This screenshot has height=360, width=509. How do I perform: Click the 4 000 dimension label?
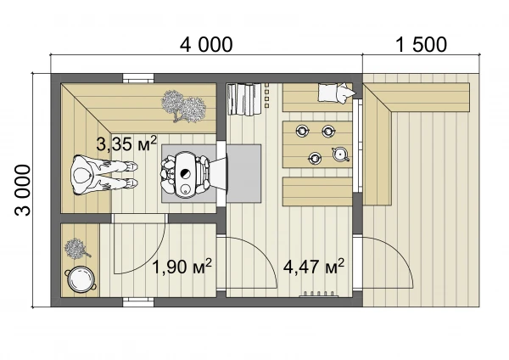point(206,45)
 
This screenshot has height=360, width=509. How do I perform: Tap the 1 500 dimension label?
point(422,45)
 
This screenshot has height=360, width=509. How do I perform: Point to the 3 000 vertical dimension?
point(23,190)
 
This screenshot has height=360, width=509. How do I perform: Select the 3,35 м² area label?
point(126,143)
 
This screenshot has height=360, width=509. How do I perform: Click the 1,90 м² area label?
point(182,267)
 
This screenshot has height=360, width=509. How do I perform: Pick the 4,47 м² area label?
point(314,267)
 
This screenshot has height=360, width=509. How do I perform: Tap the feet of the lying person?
point(131,175)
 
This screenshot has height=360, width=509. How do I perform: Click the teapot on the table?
point(340,154)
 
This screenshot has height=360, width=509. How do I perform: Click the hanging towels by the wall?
point(244,99)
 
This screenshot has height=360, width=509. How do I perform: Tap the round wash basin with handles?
point(81,279)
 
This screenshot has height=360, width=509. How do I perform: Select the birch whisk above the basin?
point(76,249)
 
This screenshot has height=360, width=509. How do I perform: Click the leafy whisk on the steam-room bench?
point(183,106)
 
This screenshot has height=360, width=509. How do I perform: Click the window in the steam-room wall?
point(138,78)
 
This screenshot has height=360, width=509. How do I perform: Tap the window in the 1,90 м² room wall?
point(138,302)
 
